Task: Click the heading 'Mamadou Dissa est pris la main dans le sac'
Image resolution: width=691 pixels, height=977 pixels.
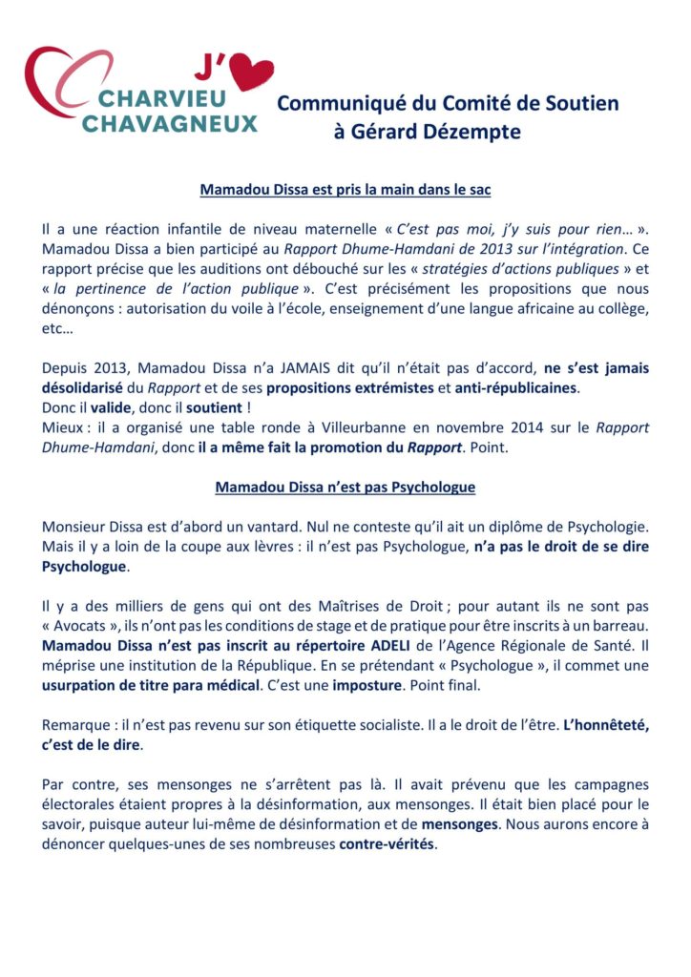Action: [x=345, y=190]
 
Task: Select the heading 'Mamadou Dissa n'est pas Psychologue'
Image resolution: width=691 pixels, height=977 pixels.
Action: [x=345, y=487]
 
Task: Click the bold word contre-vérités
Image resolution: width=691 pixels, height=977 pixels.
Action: [x=387, y=844]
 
